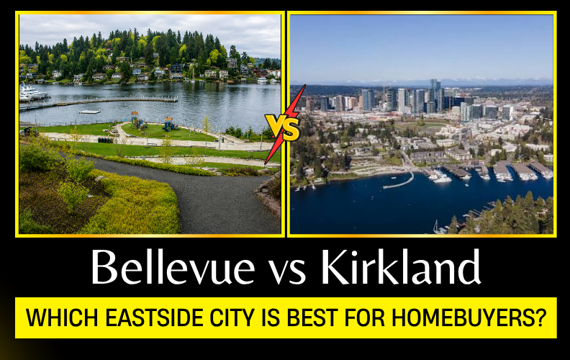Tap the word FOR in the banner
click(x=365, y=318)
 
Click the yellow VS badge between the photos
click(x=282, y=127)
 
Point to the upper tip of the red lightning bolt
click(x=304, y=86)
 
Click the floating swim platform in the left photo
click(x=89, y=112)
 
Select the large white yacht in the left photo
click(x=32, y=91)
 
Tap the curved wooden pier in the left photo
click(x=98, y=102)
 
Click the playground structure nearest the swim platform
click(x=135, y=120)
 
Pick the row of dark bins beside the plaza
click(x=105, y=140)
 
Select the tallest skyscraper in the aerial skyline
click(x=435, y=95)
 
